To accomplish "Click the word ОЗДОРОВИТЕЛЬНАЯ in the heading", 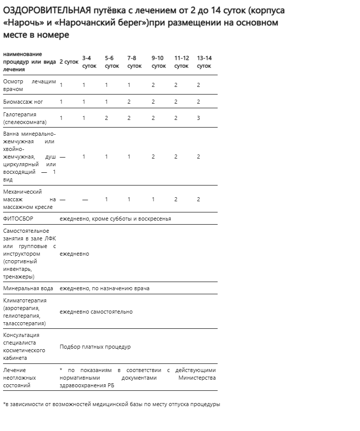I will click(46, 11).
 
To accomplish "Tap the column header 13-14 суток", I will click(204, 62).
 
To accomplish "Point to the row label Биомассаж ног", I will click(23, 102).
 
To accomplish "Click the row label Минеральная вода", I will click(28, 288).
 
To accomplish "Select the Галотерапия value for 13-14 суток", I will click(198, 118).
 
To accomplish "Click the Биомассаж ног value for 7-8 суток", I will click(129, 102).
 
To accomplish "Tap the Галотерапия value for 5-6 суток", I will click(107, 118).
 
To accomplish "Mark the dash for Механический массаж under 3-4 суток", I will click(84, 199).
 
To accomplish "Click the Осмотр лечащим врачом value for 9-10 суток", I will click(153, 85).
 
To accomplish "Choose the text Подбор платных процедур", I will click(95, 347).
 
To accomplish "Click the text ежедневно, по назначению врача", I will click(104, 288).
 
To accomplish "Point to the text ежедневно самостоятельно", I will click(96, 312).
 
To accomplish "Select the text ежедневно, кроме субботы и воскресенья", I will click(115, 219).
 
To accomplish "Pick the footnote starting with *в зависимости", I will click(111, 405).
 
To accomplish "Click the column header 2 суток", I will click(69, 62).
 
